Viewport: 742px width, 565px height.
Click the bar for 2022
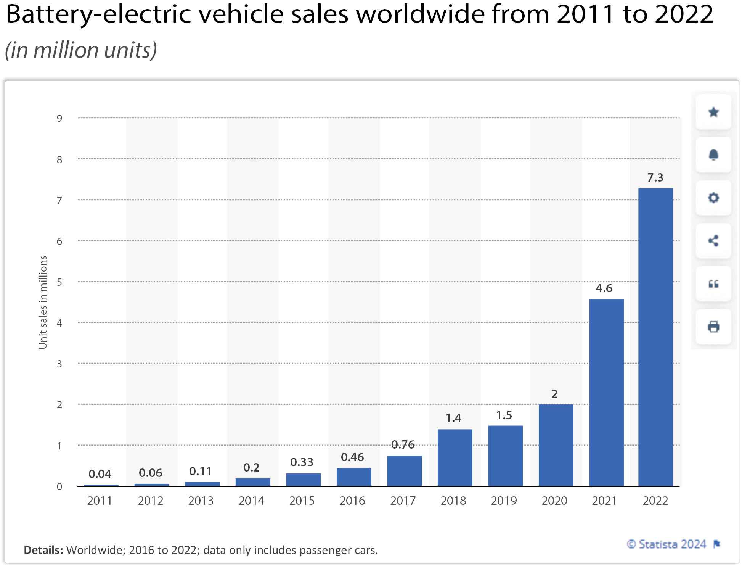(x=655, y=337)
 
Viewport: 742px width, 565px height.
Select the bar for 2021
(x=606, y=393)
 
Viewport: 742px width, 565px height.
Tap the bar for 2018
(x=455, y=457)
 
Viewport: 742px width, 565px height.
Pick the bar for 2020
(x=556, y=445)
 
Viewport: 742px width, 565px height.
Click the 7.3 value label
(x=655, y=177)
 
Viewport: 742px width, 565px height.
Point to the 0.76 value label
(x=403, y=444)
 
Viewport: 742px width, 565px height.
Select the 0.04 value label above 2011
(x=100, y=474)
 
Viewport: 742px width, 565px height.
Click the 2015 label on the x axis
(x=302, y=501)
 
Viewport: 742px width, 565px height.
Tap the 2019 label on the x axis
(x=504, y=501)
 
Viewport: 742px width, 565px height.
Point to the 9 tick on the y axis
(x=59, y=118)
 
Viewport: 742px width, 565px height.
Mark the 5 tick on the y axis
(x=59, y=282)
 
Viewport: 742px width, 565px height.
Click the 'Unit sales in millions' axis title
(x=43, y=302)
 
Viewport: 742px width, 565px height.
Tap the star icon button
(x=713, y=112)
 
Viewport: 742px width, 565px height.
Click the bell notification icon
(x=713, y=155)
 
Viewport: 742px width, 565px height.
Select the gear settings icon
(x=713, y=198)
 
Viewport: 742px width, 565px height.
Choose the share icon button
(x=713, y=241)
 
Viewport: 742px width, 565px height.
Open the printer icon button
(x=713, y=327)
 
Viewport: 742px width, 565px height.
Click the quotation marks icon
(x=713, y=284)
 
